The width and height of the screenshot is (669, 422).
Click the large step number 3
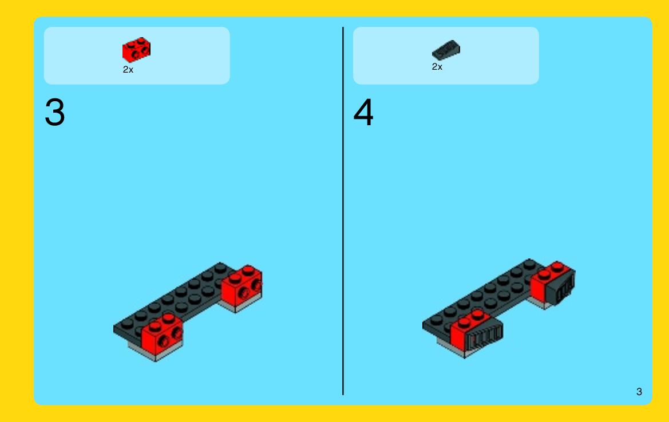(x=54, y=113)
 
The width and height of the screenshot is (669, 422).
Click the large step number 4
(x=363, y=113)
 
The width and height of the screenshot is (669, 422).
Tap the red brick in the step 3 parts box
(x=137, y=50)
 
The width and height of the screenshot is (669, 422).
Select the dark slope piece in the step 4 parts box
(x=446, y=50)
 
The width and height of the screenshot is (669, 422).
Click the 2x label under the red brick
(x=128, y=70)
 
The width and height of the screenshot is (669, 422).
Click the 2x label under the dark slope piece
(x=437, y=67)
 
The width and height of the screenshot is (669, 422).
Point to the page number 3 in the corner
(x=639, y=392)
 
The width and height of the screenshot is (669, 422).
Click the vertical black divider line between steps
(x=343, y=211)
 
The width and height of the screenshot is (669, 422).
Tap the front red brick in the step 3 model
(x=162, y=335)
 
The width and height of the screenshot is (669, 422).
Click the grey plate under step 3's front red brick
(x=155, y=353)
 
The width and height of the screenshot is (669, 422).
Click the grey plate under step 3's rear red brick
(x=239, y=304)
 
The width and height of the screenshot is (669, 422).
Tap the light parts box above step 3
(x=137, y=55)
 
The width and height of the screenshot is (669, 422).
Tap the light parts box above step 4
(x=446, y=55)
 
